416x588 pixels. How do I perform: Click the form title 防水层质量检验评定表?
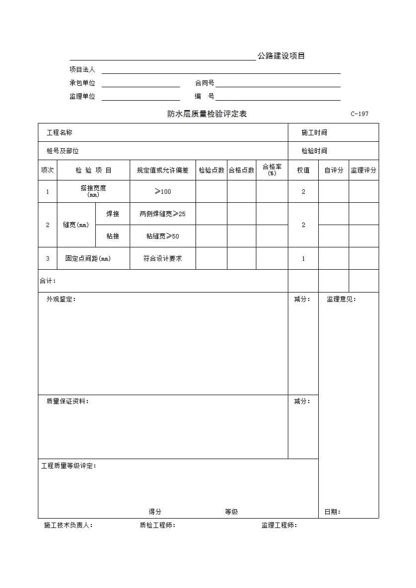point(207,114)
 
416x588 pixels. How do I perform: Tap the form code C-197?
point(359,114)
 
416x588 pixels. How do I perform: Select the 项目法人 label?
point(82,70)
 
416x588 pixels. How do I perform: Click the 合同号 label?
point(205,83)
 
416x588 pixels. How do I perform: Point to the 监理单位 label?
point(82,97)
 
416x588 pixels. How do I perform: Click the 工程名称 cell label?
point(59,132)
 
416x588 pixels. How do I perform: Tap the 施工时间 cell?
point(314,132)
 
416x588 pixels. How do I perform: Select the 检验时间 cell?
point(314,151)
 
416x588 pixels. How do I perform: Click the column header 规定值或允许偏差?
point(163,170)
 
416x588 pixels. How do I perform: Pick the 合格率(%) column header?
point(272,170)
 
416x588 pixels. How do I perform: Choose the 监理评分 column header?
point(363,170)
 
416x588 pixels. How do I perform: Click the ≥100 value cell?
point(163,191)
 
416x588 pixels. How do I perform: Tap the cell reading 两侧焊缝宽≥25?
point(163,214)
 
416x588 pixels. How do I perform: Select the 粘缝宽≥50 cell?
point(163,236)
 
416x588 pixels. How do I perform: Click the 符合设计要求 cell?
point(163,258)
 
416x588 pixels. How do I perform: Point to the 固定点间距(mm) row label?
point(88,258)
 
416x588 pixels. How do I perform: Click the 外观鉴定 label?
point(61,299)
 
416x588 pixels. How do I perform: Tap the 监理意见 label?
point(341,299)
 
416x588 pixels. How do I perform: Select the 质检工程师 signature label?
point(157,525)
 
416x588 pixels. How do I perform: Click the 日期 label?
point(333,512)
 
